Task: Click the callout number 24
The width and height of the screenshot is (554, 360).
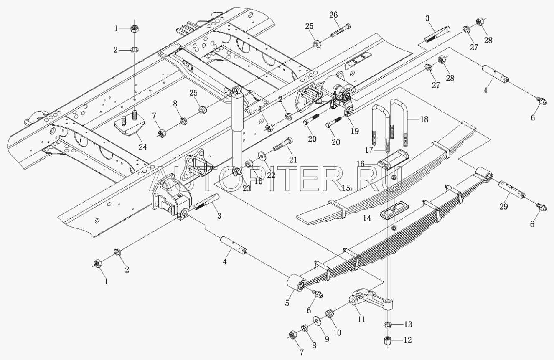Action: pyautogui.click(x=142, y=147)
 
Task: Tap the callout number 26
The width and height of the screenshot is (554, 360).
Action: pyautogui.click(x=333, y=15)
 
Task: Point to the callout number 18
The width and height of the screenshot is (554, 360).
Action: pyautogui.click(x=424, y=119)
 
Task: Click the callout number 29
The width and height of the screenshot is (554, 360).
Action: pyautogui.click(x=504, y=206)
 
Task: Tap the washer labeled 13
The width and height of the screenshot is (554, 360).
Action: pyautogui.click(x=388, y=324)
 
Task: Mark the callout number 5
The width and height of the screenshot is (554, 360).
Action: pyautogui.click(x=287, y=303)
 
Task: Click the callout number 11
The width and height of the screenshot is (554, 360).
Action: pyautogui.click(x=361, y=319)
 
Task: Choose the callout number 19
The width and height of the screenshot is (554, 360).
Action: pyautogui.click(x=355, y=131)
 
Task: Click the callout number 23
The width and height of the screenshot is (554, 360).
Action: pyautogui.click(x=247, y=188)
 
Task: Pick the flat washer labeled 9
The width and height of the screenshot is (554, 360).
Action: pyautogui.click(x=317, y=321)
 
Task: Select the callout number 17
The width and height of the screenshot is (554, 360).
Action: pyautogui.click(x=369, y=150)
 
